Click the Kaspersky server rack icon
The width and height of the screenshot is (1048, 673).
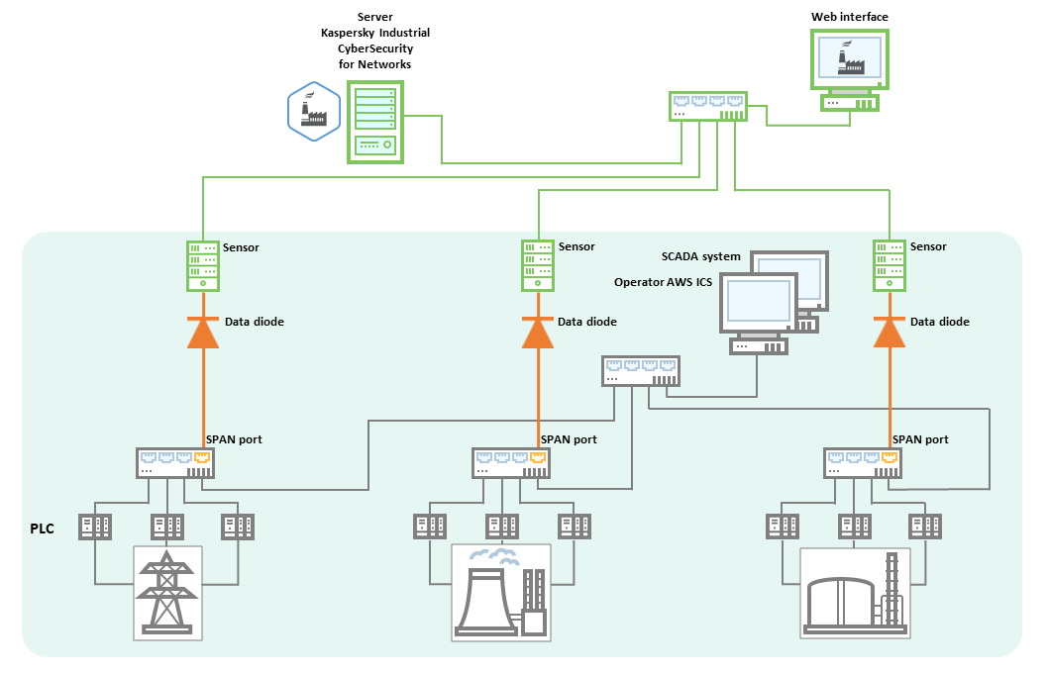(x=374, y=122)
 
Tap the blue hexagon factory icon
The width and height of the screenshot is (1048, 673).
(x=313, y=109)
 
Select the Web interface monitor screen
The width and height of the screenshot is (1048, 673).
(x=849, y=58)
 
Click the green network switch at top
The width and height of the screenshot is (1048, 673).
(x=707, y=106)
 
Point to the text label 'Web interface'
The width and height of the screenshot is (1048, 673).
(x=849, y=17)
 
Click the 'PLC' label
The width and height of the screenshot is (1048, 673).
(x=42, y=529)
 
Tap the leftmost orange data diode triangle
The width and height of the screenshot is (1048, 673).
(x=203, y=333)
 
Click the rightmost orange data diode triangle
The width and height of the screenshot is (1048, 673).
(x=891, y=333)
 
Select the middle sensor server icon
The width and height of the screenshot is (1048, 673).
(x=538, y=265)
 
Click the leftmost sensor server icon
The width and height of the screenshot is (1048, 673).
(x=203, y=265)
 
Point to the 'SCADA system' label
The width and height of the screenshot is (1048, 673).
(x=700, y=256)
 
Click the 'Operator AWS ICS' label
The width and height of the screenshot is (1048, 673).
(x=663, y=282)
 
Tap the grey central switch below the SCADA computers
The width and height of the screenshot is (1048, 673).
(x=642, y=370)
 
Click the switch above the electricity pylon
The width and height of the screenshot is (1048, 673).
(x=175, y=462)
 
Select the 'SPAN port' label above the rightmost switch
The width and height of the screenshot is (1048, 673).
(x=920, y=439)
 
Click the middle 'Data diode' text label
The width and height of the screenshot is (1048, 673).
(x=586, y=322)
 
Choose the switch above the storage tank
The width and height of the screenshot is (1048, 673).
(x=862, y=462)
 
